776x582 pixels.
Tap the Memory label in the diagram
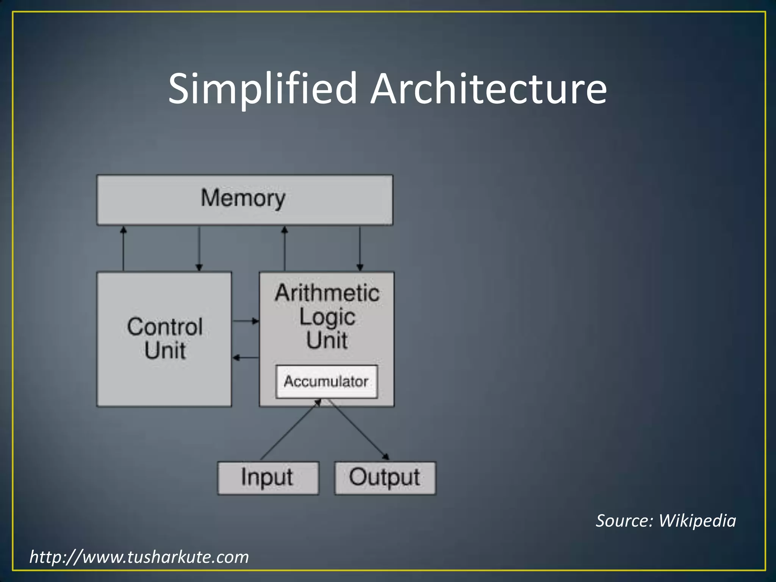[x=243, y=198]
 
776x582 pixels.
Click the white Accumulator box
[x=326, y=382]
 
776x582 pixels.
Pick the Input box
[x=268, y=478]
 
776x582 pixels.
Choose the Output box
[x=385, y=478]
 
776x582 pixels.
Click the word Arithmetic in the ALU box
[x=327, y=293]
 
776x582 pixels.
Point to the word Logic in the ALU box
[x=327, y=317]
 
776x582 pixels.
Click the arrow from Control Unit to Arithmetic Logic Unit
[x=246, y=321]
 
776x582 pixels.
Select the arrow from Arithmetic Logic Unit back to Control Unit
[x=246, y=357]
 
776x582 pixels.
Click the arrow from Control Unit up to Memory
[x=123, y=248]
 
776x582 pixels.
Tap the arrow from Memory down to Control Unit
[x=199, y=248]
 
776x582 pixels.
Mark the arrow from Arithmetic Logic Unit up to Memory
[x=285, y=248]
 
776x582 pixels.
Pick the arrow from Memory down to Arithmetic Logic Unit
[x=360, y=248]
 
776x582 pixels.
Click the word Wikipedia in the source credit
[x=697, y=521]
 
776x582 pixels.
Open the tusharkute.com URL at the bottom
[x=139, y=557]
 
